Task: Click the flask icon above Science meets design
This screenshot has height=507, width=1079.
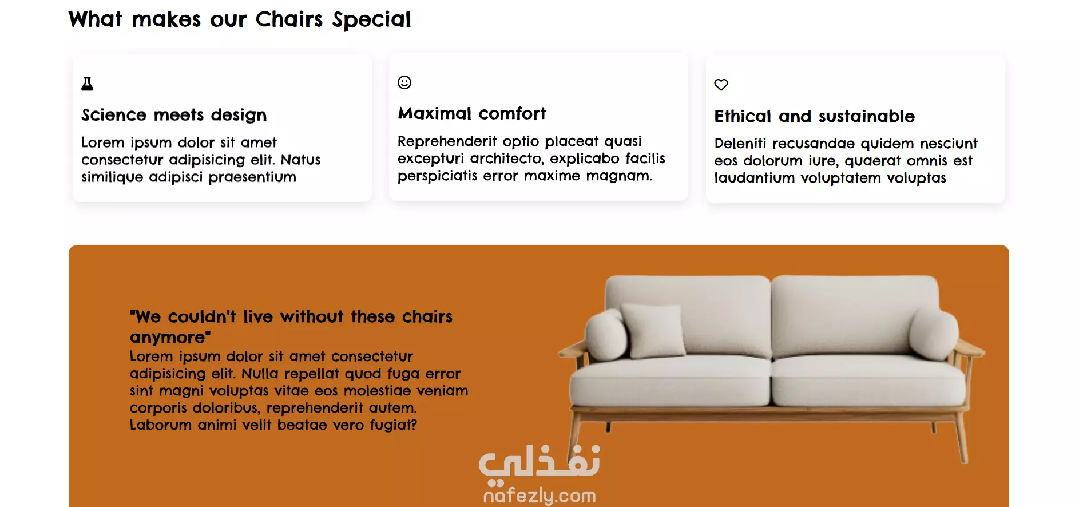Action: tap(87, 84)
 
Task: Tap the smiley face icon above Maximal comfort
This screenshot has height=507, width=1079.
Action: tap(404, 82)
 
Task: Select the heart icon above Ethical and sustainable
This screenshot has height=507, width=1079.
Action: tap(721, 85)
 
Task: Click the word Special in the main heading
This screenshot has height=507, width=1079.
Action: tap(372, 20)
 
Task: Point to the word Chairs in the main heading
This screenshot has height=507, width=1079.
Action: tap(289, 19)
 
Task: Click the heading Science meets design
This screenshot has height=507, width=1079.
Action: tap(174, 115)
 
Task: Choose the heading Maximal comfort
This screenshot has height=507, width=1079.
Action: tap(472, 113)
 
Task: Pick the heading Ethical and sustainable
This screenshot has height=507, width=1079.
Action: tap(815, 116)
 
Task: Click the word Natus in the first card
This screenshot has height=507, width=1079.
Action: tap(300, 160)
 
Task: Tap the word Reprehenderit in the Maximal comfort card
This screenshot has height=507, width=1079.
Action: tap(447, 141)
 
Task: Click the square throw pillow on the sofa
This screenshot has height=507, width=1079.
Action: tap(654, 329)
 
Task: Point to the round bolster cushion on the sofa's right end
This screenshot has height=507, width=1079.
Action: tap(933, 334)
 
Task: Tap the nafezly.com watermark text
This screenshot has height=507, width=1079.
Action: tap(539, 496)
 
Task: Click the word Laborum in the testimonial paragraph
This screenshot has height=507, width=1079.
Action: tap(161, 425)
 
